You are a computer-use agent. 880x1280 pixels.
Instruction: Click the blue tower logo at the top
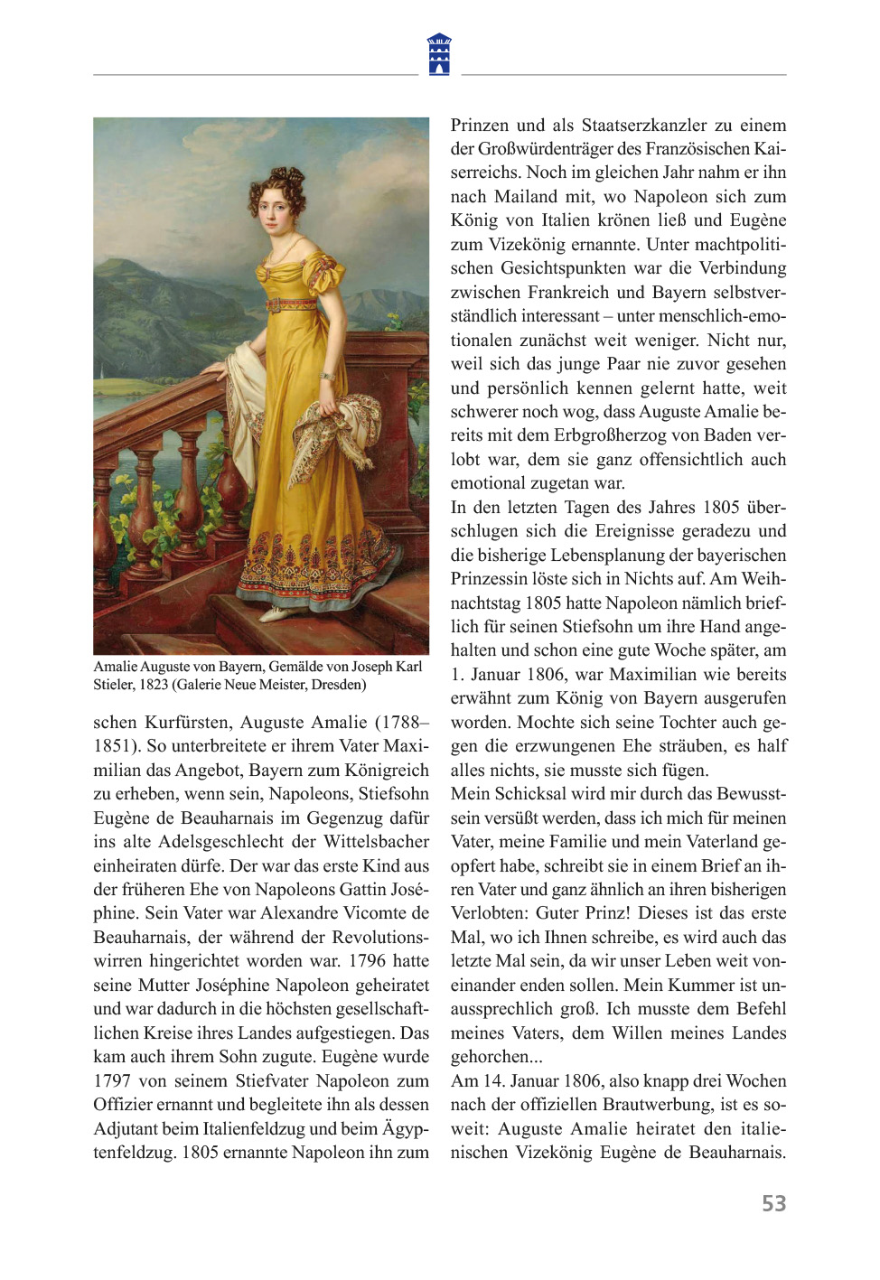pyautogui.click(x=439, y=54)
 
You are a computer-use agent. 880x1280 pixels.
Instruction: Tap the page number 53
pyautogui.click(x=773, y=1203)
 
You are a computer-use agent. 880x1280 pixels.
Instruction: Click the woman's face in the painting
pyautogui.click(x=273, y=207)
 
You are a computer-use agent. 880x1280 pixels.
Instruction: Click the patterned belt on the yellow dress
pyautogui.click(x=291, y=304)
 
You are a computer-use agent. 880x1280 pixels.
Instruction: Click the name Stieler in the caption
pyautogui.click(x=113, y=685)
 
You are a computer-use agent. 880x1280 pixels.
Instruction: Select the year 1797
pyautogui.click(x=113, y=1080)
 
